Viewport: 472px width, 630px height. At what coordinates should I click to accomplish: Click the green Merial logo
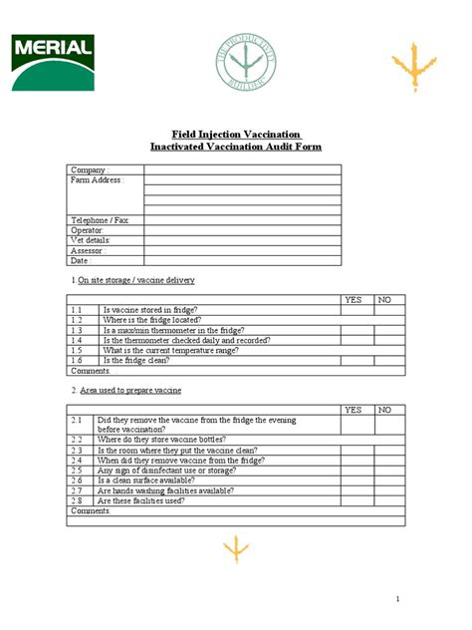click(x=53, y=62)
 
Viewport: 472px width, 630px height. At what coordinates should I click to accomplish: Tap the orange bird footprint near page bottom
click(x=236, y=549)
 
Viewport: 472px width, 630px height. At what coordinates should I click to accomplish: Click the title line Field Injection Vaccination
click(x=236, y=135)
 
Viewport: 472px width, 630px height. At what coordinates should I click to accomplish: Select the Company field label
click(x=89, y=170)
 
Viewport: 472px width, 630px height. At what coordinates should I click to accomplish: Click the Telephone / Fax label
click(x=100, y=219)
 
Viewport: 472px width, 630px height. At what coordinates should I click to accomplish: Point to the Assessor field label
click(x=90, y=250)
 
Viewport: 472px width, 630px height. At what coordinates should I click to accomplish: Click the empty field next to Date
click(x=242, y=260)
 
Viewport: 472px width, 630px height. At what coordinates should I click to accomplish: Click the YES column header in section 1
click(x=354, y=299)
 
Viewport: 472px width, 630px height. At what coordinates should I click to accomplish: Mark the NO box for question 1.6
click(x=390, y=360)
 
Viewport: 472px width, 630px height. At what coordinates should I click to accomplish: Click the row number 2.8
click(x=77, y=500)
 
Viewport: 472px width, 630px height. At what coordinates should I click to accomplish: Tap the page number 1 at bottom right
click(x=396, y=598)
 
